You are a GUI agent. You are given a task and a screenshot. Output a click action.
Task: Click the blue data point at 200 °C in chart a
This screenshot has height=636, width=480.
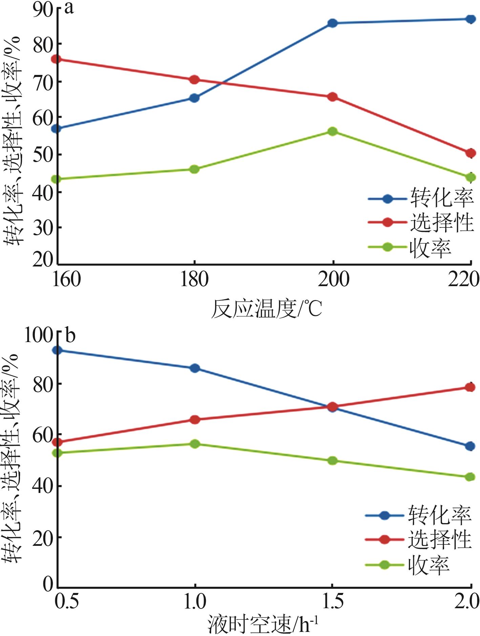click(x=332, y=23)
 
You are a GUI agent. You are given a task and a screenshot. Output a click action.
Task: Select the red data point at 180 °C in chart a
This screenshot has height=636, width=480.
click(x=194, y=80)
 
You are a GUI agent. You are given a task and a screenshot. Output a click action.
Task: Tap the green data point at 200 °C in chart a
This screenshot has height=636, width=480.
click(x=332, y=131)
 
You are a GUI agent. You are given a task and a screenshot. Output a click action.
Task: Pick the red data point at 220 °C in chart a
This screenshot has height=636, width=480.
click(x=471, y=153)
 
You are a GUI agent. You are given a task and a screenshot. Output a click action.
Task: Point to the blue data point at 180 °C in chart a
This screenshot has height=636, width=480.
click(x=194, y=98)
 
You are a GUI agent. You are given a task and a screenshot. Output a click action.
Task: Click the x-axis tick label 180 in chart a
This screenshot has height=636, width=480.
click(x=194, y=280)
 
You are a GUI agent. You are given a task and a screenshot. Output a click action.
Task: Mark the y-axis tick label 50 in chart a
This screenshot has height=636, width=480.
click(x=43, y=155)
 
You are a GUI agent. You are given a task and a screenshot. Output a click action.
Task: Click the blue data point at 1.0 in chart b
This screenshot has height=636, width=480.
click(x=195, y=368)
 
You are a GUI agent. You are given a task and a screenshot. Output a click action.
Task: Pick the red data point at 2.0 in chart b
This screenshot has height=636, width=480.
click(x=470, y=387)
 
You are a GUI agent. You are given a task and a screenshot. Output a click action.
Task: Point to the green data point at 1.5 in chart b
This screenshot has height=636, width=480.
click(x=332, y=460)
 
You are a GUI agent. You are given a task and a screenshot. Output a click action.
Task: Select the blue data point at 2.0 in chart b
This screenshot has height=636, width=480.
click(x=470, y=446)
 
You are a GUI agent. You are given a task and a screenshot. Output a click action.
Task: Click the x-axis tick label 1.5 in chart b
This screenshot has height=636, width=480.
click(x=332, y=601)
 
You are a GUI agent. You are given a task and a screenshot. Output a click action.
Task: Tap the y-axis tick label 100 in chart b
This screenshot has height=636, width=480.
click(x=38, y=336)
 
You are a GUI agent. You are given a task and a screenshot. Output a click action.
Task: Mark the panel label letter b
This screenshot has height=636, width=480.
click(x=70, y=336)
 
